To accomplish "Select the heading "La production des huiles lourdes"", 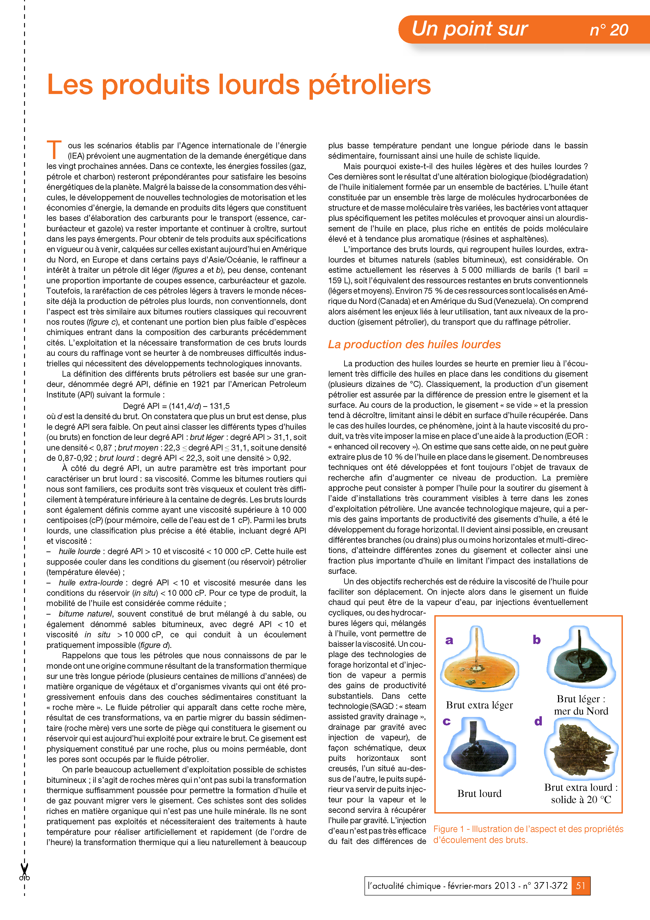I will [x=414, y=345].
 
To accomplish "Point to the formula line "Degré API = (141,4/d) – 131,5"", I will [x=176, y=406].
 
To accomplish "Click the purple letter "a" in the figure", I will [x=449, y=640].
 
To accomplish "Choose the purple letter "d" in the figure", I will [x=538, y=721].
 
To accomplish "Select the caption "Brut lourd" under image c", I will [x=479, y=793].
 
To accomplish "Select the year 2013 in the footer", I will [x=505, y=886].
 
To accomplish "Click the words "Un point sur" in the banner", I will [x=469, y=29].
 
